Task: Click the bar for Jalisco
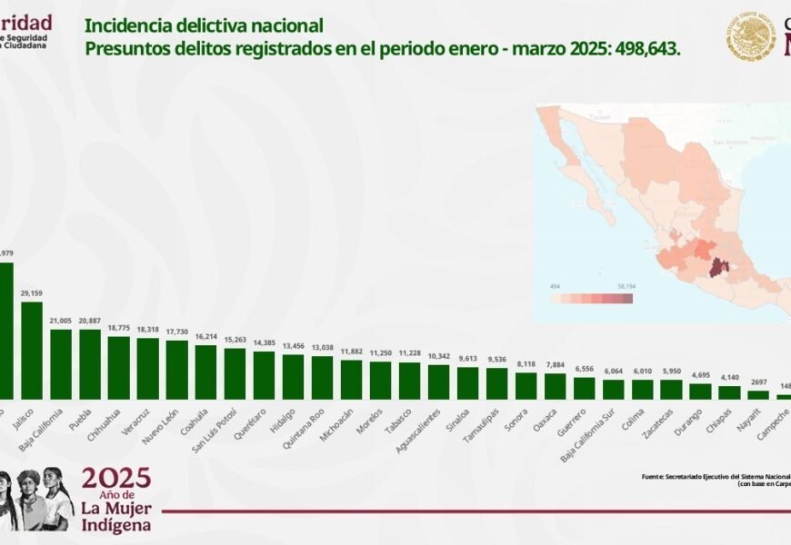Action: pyautogui.click(x=32, y=351)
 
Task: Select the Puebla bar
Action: pyautogui.click(x=90, y=364)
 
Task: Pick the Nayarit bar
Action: pyautogui.click(x=758, y=395)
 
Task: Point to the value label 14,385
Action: pyautogui.click(x=265, y=342)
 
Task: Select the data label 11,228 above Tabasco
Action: pyautogui.click(x=410, y=354)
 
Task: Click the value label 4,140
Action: pyautogui.click(x=729, y=377)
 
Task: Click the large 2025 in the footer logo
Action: pyautogui.click(x=116, y=480)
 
